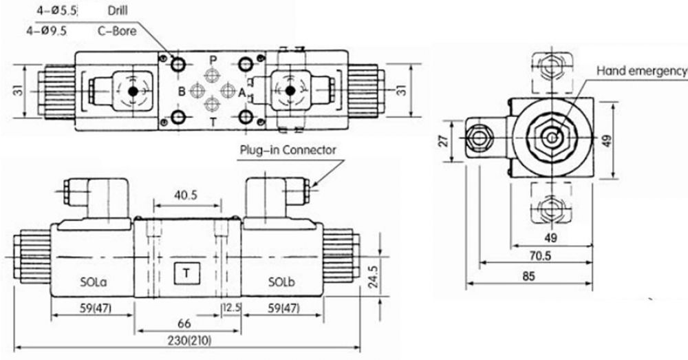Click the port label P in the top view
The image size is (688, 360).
[213, 60]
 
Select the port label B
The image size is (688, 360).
[182, 92]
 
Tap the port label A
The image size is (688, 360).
[241, 93]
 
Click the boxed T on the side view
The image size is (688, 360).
[186, 273]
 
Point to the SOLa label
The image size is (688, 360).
[94, 282]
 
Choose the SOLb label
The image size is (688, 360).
[281, 282]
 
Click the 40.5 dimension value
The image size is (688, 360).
[186, 195]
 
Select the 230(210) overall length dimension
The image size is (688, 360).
[190, 340]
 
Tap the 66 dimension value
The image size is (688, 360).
[184, 324]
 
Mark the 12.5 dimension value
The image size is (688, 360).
[233, 308]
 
